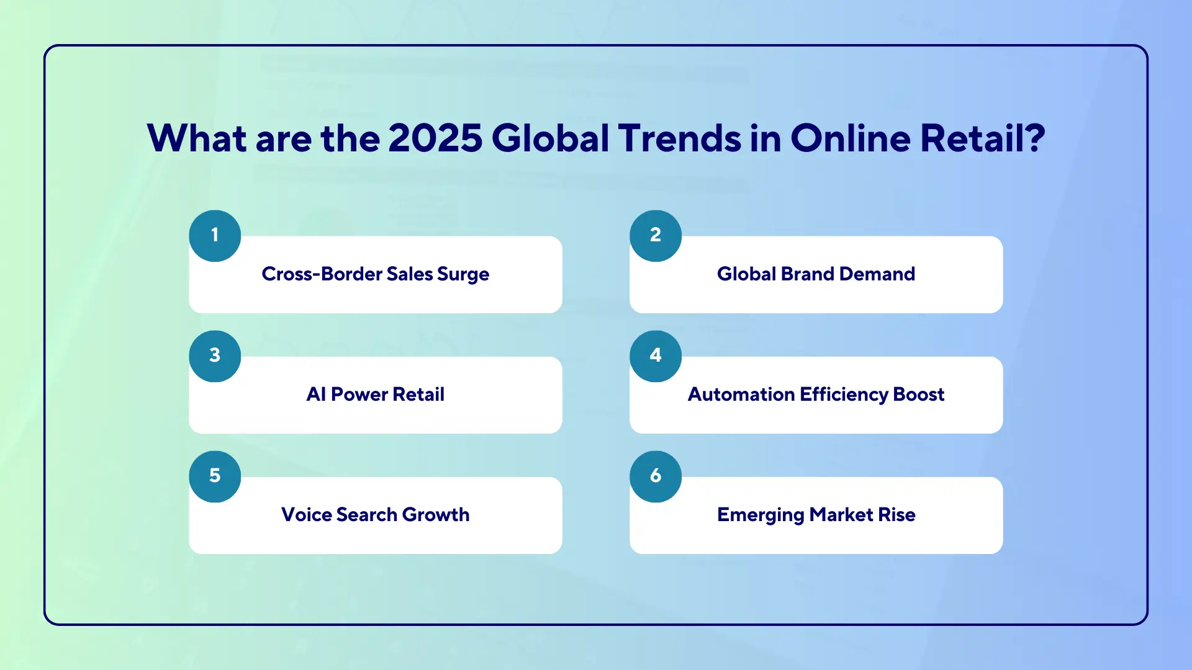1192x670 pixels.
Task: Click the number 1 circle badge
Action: (215, 236)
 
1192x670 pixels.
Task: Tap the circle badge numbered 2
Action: (656, 236)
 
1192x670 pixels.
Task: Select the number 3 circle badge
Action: (215, 356)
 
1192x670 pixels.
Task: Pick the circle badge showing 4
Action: (656, 356)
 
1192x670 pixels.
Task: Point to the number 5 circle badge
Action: (215, 476)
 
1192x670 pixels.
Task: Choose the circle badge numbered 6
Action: (656, 476)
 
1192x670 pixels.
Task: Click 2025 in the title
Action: (435, 138)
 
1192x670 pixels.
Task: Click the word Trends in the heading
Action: (679, 138)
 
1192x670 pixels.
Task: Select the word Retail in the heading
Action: (972, 138)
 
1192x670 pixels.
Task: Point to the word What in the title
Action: (196, 138)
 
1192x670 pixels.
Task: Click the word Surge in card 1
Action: (463, 274)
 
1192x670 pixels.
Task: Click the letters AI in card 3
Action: (316, 395)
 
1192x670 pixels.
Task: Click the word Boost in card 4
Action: (919, 395)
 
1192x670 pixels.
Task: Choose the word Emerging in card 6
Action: (761, 515)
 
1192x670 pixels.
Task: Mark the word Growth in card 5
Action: (436, 515)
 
